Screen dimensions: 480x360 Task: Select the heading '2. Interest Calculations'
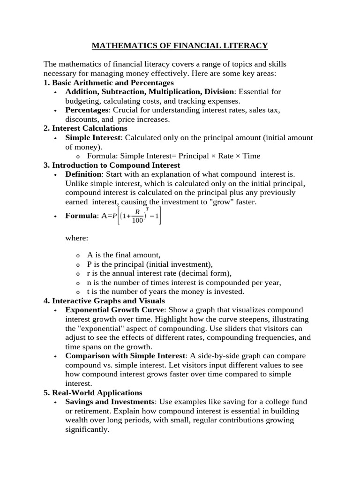click(85, 128)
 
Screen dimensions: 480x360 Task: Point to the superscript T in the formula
click(148, 208)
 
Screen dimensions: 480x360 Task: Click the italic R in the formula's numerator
click(137, 212)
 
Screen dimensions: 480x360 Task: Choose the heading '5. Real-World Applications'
click(93, 392)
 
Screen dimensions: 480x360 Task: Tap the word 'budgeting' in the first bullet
click(82, 101)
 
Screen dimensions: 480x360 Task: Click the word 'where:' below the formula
click(76, 238)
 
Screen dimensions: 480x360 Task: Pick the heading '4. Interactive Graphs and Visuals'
click(104, 300)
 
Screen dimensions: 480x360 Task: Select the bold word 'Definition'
click(83, 174)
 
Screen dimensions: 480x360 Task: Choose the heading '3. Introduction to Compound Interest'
click(112, 165)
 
